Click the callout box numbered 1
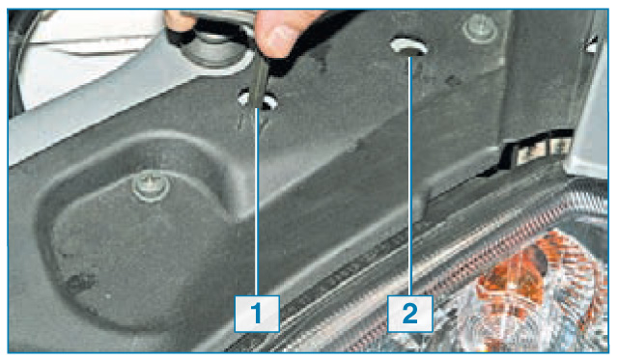(257, 314)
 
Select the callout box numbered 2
(410, 314)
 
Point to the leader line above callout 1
(257, 202)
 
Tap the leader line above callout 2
(410, 176)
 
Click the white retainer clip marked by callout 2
(408, 46)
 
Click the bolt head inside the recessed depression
(151, 186)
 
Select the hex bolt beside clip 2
(480, 28)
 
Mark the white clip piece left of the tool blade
(244, 98)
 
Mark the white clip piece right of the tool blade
(270, 101)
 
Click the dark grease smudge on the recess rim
(80, 281)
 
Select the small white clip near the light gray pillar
(591, 44)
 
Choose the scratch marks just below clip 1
(252, 123)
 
